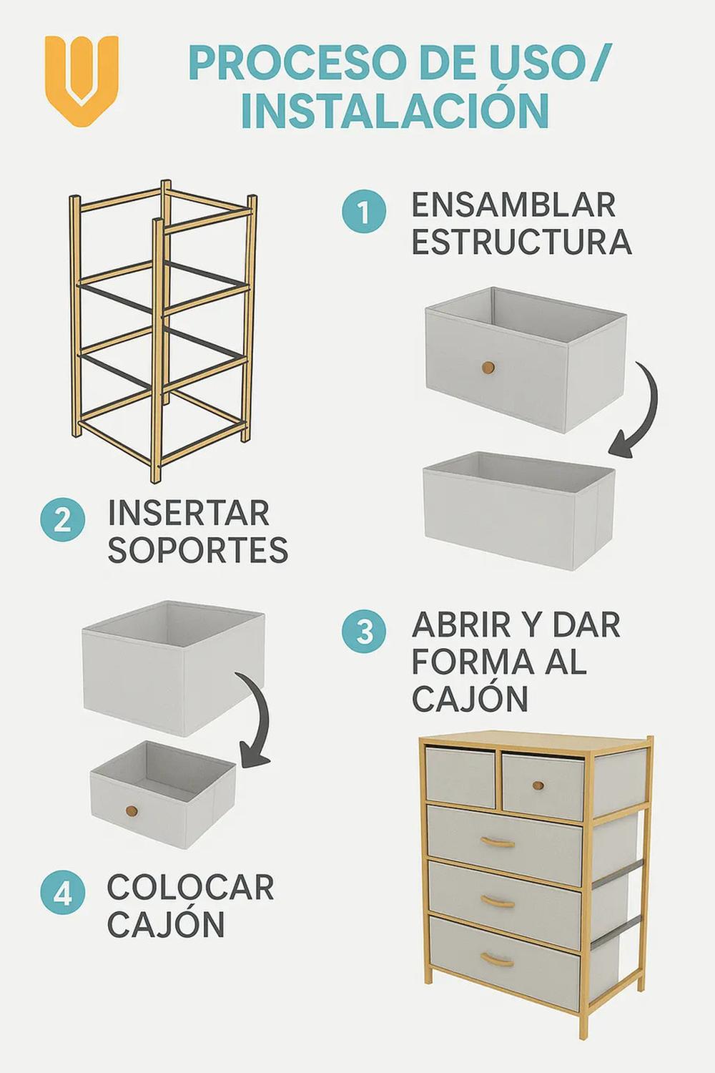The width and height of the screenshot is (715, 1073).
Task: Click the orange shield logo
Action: point(82,80)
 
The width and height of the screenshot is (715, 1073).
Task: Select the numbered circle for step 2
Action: point(63,521)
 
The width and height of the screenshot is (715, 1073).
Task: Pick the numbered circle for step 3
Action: point(364,632)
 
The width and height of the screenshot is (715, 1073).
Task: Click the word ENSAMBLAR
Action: point(513,205)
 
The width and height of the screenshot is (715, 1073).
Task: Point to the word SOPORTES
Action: point(198,549)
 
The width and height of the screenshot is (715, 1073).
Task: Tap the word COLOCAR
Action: point(191,887)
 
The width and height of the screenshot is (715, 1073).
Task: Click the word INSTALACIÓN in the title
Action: point(395,110)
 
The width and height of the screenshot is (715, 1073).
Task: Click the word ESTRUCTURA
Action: point(521,242)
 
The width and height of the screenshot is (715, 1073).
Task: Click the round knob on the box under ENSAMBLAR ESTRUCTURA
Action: point(488,368)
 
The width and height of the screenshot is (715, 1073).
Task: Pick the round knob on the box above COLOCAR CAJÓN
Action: point(132,811)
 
